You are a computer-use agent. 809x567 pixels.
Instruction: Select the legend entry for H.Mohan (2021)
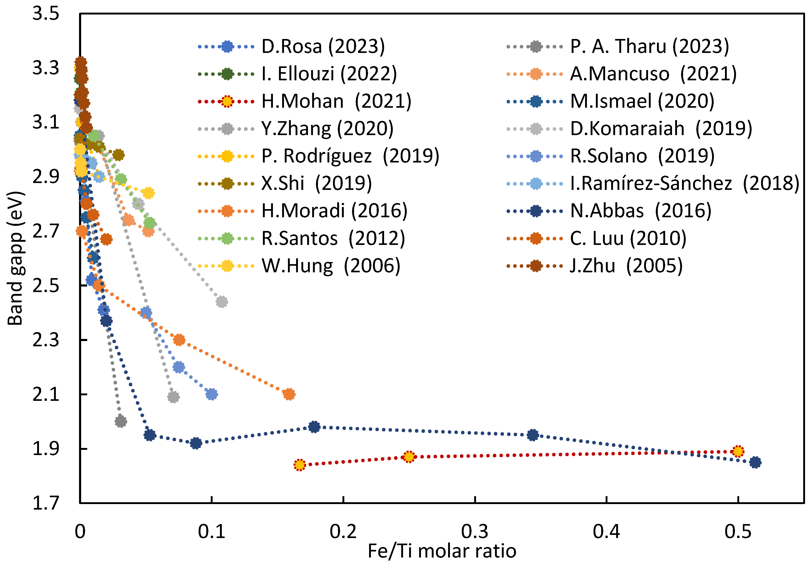(336, 101)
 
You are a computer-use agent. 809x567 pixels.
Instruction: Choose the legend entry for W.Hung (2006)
(331, 266)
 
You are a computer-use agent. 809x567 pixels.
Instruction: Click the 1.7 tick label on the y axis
(46, 503)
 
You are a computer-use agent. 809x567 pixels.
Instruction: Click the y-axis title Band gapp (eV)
(16, 258)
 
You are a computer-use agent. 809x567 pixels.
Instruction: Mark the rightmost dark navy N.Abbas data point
(755, 462)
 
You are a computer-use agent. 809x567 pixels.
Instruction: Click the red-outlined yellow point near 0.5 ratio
(738, 451)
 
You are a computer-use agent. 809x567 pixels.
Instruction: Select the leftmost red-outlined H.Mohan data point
(300, 465)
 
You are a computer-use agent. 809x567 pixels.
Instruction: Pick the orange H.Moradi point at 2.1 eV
(289, 394)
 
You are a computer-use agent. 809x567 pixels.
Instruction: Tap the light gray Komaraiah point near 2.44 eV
(221, 302)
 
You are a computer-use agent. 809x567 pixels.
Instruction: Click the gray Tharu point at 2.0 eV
(120, 421)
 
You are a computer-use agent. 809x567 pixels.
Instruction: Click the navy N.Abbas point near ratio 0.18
(314, 427)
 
